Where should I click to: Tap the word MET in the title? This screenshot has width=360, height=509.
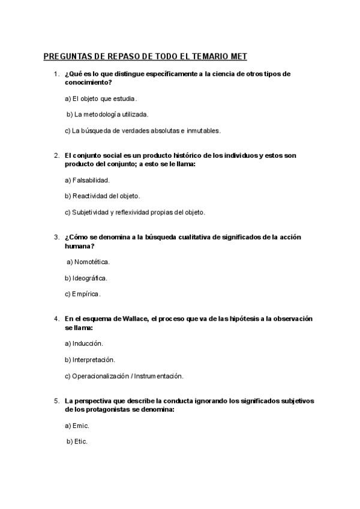pyautogui.click(x=237, y=57)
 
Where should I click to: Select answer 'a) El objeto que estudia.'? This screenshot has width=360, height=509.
pyautogui.click(x=100, y=98)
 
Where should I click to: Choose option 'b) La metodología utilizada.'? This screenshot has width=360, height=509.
pyautogui.click(x=107, y=114)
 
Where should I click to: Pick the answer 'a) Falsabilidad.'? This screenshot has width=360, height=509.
pyautogui.click(x=87, y=179)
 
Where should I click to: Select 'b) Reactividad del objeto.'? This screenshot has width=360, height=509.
pyautogui.click(x=102, y=196)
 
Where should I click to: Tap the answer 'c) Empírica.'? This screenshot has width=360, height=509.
pyautogui.click(x=83, y=294)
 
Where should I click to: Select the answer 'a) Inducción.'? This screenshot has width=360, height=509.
pyautogui.click(x=84, y=343)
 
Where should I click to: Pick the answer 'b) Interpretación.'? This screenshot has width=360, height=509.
pyautogui.click(x=89, y=360)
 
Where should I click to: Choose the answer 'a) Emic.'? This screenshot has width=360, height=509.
pyautogui.click(x=77, y=426)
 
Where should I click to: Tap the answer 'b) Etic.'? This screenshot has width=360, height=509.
pyautogui.click(x=77, y=442)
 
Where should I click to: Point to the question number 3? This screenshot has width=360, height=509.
pyautogui.click(x=56, y=237)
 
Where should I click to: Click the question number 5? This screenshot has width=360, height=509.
pyautogui.click(x=56, y=400)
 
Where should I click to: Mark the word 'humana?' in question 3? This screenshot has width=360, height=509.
pyautogui.click(x=79, y=245)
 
